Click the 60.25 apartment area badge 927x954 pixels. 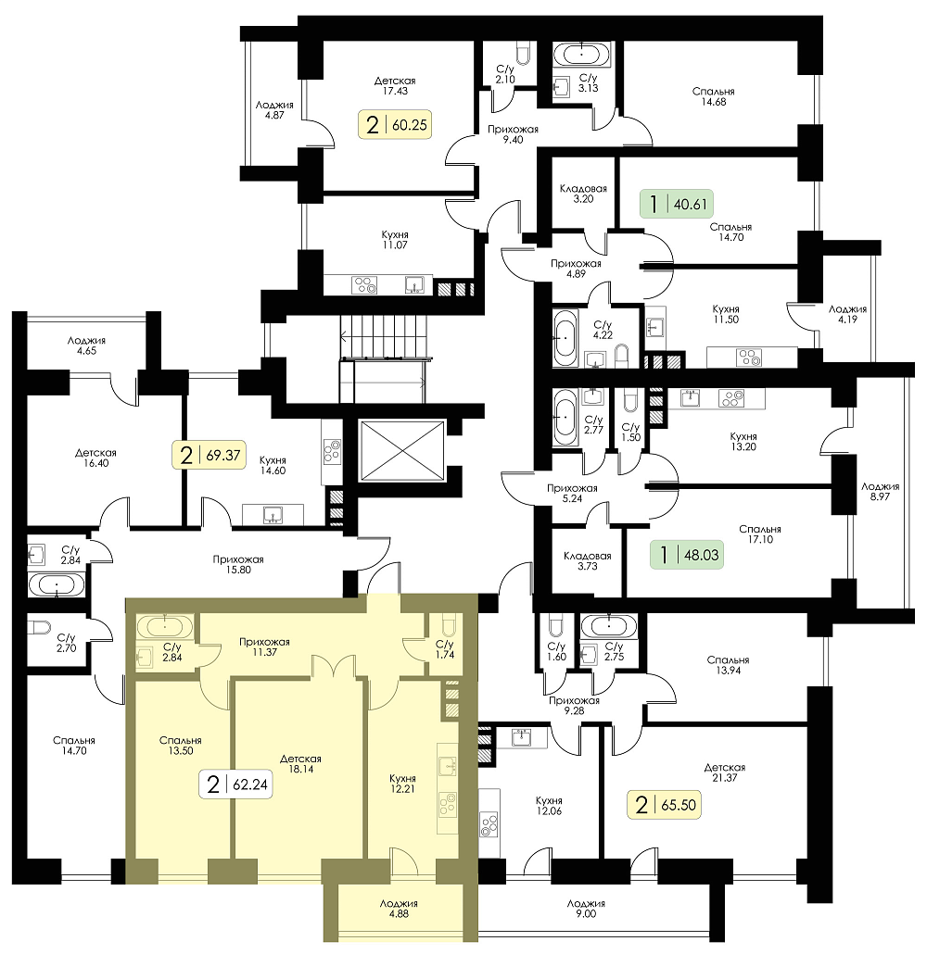396,125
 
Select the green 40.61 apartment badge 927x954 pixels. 676,204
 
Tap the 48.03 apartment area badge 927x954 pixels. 686,554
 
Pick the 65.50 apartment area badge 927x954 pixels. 665,805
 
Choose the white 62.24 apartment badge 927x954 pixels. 235,785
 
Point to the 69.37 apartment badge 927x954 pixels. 209,455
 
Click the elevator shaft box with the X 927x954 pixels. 401,450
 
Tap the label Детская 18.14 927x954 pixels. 300,763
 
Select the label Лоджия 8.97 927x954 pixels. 880,491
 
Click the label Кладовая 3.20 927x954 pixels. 583,194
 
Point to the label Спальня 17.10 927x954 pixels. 759,534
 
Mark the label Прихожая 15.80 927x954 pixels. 238,564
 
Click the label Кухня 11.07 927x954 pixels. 395,240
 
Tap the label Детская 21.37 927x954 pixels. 724,772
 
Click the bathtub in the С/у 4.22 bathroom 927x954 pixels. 565,338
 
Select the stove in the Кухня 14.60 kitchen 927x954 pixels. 332,452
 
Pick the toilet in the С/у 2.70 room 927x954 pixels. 40,627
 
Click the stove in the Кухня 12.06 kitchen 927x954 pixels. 489,825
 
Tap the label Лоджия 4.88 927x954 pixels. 399,909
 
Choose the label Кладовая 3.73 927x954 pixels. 587,561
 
